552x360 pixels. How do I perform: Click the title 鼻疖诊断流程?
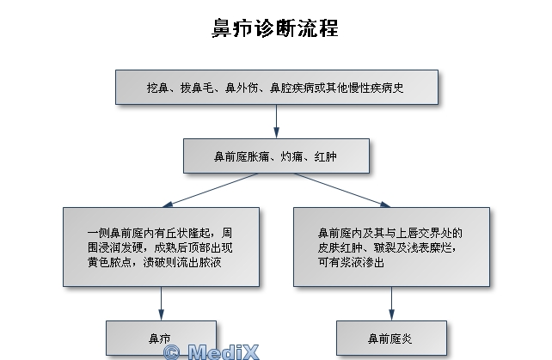click(x=275, y=29)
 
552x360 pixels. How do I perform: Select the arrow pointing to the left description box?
click(x=206, y=191)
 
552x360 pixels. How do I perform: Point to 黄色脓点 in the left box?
click(x=108, y=261)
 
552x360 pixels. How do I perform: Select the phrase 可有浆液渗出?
click(x=350, y=262)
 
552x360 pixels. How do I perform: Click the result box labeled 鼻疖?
click(x=161, y=338)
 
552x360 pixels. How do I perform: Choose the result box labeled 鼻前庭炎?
click(x=391, y=338)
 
